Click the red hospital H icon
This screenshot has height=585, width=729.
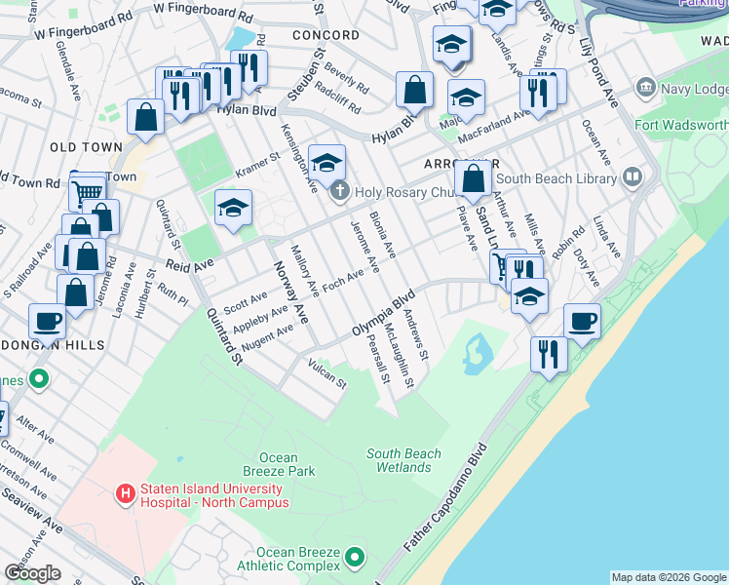pyautogui.click(x=125, y=494)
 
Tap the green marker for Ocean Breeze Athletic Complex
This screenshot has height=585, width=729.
pyautogui.click(x=355, y=559)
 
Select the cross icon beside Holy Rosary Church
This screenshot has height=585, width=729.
pyautogui.click(x=338, y=190)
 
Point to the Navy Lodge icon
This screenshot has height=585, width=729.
pyautogui.click(x=645, y=90)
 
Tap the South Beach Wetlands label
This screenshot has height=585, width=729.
pyautogui.click(x=403, y=460)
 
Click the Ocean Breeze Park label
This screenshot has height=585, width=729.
pyautogui.click(x=287, y=464)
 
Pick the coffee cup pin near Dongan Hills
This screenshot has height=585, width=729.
pyautogui.click(x=47, y=320)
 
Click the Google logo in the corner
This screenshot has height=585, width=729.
pyautogui.click(x=32, y=572)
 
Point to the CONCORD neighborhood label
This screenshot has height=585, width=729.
pyautogui.click(x=326, y=35)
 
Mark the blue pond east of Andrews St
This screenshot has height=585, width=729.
pyautogui.click(x=478, y=354)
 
